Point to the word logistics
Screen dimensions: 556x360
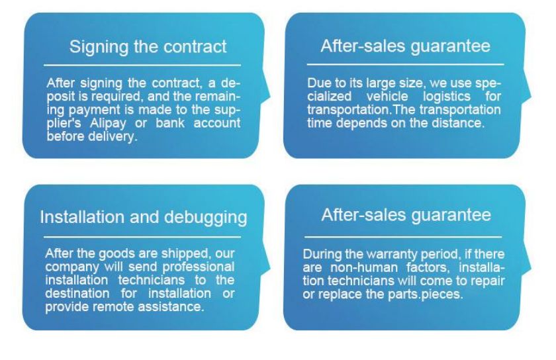446,97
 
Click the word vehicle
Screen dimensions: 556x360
387,96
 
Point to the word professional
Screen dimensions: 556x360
198,267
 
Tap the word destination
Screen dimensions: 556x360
77,293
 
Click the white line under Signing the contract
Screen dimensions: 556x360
142,66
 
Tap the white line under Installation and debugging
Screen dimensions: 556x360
142,237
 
